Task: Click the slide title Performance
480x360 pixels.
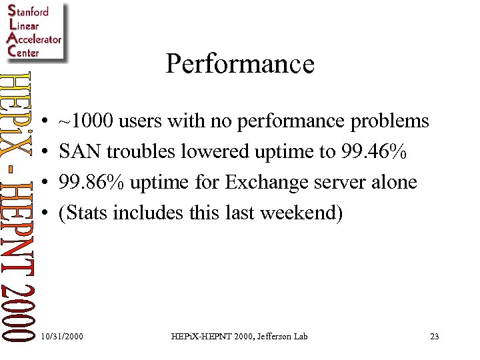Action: [240, 64]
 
